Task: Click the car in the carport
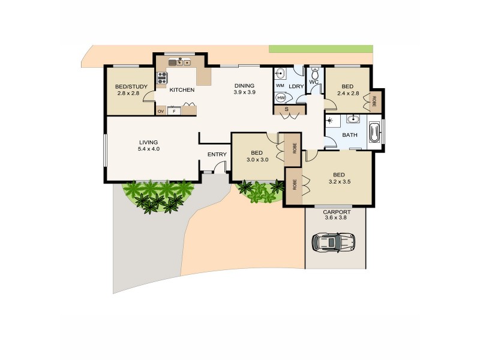[x=334, y=242]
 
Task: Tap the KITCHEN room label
[x=182, y=90]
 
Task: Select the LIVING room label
[x=148, y=142]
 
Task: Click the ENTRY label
[x=217, y=154]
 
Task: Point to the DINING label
[x=244, y=85]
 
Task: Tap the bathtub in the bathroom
[x=374, y=133]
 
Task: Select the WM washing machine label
[x=280, y=86]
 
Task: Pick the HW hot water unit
[x=281, y=98]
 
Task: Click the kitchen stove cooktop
[x=162, y=77]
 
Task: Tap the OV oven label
[x=161, y=112]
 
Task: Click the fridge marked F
[x=174, y=112]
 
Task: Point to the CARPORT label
[x=336, y=212]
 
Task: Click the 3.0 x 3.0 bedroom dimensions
[x=256, y=160]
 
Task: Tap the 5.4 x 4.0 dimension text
[x=148, y=149]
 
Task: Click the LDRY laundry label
[x=296, y=86]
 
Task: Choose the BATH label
[x=350, y=135]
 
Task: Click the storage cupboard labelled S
[x=286, y=109]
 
